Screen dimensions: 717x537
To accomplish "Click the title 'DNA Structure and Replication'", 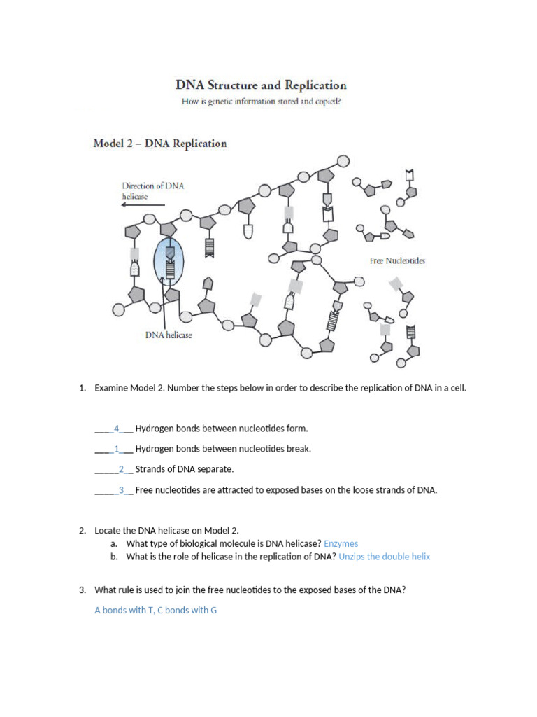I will [x=260, y=85].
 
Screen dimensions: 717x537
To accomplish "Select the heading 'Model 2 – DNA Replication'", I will [x=160, y=144].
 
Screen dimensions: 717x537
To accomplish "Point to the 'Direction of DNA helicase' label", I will [x=153, y=191].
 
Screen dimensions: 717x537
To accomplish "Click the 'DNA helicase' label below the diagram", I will [x=169, y=335].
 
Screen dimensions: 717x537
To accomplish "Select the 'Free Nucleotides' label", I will [x=397, y=260].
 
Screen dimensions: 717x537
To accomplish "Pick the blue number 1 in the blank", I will [x=117, y=448].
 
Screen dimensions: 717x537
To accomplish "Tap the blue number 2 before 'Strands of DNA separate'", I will [x=121, y=469].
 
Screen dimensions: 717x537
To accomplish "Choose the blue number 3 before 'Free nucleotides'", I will [x=121, y=489].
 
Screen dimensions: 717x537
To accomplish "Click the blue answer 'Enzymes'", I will [x=341, y=543].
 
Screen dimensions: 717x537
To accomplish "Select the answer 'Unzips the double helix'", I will [x=385, y=557].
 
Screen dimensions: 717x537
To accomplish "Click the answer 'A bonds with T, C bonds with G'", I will [x=155, y=610].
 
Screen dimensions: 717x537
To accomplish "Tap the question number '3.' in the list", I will [x=83, y=590].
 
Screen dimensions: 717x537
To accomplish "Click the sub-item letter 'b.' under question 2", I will [x=114, y=557].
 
